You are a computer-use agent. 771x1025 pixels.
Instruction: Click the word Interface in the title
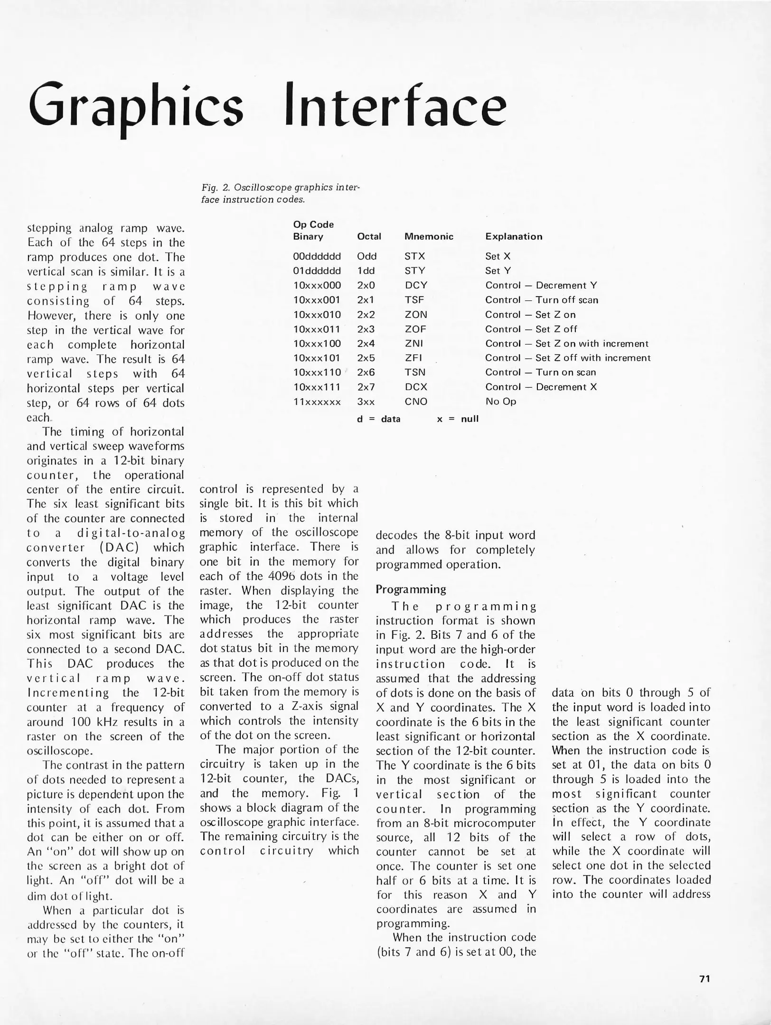point(395,104)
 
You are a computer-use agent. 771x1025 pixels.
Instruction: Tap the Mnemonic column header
point(429,236)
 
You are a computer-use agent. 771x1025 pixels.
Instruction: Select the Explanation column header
point(514,236)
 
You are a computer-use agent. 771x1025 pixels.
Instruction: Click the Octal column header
point(369,236)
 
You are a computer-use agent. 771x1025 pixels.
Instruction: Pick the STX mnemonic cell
point(415,256)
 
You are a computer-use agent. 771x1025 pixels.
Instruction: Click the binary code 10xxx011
point(317,329)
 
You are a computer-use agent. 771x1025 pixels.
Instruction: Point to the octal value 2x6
point(366,373)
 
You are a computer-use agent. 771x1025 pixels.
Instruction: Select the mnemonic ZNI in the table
point(414,344)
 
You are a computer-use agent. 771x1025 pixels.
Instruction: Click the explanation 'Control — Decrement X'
point(541,387)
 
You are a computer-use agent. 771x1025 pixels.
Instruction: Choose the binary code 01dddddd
point(317,271)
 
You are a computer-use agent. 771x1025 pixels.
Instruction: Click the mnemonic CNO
point(416,401)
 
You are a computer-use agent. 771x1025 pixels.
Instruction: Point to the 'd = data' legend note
point(378,419)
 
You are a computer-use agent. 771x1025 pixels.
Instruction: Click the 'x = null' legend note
point(458,419)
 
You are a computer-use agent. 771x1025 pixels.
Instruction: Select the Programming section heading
point(411,589)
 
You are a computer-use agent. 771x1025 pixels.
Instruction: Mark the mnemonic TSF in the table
point(414,300)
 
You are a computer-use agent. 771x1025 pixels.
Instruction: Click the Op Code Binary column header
point(313,230)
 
